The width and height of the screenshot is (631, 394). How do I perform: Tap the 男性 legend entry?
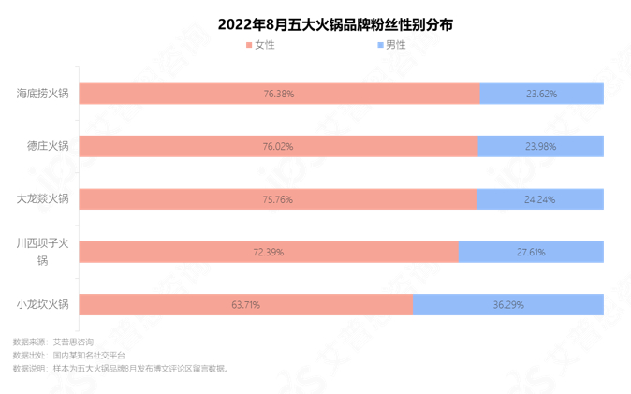[390, 45]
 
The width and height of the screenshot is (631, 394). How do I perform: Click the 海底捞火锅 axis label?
[43, 94]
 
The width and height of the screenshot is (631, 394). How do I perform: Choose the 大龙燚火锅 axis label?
[43, 198]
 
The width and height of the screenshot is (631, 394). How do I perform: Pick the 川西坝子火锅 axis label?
[43, 252]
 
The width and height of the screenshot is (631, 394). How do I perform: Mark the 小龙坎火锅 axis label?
[43, 304]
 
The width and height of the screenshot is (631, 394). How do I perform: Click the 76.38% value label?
[279, 94]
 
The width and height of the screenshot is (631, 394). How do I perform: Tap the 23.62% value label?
[541, 94]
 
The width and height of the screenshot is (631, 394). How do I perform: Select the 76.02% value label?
[278, 147]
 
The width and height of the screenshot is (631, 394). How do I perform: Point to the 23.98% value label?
[540, 147]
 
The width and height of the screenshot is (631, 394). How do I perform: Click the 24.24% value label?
[539, 199]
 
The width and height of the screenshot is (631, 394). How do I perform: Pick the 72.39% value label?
[269, 252]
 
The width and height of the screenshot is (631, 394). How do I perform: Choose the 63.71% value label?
[245, 305]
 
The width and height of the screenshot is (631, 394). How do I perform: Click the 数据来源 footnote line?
[53, 343]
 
